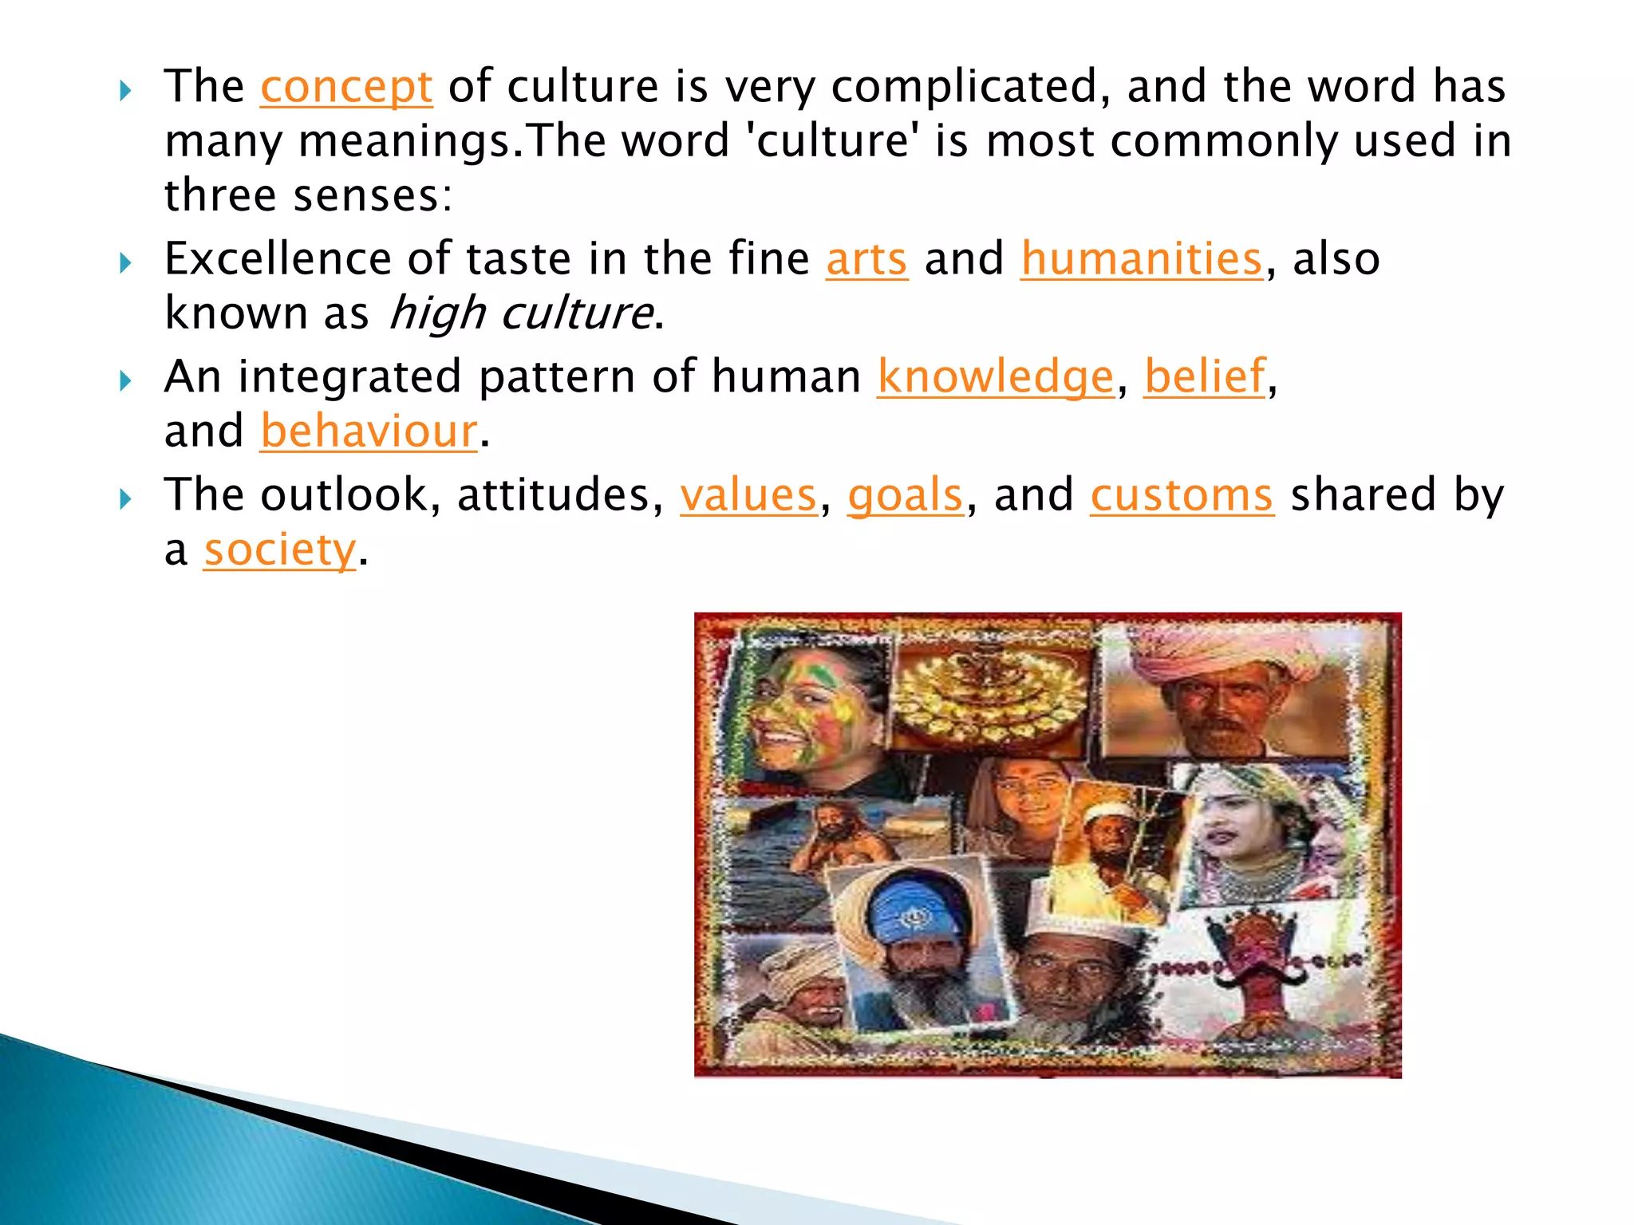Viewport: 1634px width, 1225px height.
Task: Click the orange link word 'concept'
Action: click(346, 87)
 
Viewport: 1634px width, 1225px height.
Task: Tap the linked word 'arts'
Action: click(866, 259)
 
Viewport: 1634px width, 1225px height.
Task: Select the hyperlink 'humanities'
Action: click(1142, 259)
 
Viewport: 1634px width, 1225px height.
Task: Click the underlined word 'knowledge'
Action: click(995, 376)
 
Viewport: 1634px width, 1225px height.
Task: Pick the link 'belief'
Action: click(1205, 376)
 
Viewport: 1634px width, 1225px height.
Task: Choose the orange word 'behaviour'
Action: click(369, 431)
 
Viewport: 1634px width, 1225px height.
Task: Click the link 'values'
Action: click(748, 495)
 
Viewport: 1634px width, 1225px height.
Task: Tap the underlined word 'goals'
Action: click(906, 495)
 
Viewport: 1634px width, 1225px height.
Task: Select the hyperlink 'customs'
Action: click(1182, 495)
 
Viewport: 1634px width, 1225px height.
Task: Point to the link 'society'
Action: click(279, 550)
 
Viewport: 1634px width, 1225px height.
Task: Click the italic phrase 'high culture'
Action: click(521, 313)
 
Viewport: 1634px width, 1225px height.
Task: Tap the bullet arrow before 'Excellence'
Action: click(125, 262)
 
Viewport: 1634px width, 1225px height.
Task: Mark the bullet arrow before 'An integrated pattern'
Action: click(125, 380)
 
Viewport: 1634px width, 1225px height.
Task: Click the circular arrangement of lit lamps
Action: click(989, 694)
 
